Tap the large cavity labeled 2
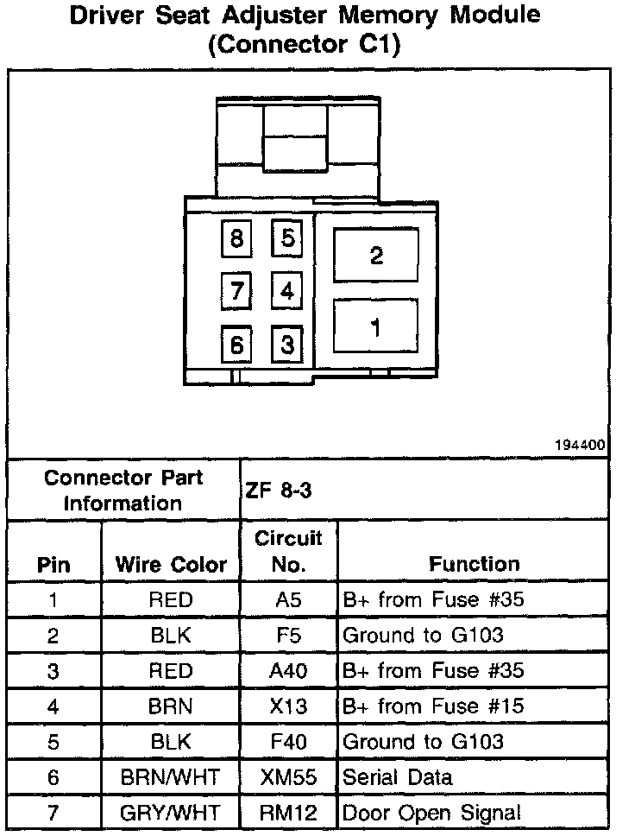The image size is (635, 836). coord(376,255)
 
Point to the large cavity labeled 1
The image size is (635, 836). coord(376,326)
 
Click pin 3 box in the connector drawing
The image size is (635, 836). coord(287,345)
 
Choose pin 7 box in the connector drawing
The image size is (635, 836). coord(237,290)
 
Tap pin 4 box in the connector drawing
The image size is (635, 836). coord(287,290)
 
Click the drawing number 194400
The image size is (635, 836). coord(582,446)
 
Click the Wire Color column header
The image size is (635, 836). coord(171,565)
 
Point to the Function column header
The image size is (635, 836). coord(474,564)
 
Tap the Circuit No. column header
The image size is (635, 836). coord(288,551)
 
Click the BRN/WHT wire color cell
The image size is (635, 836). coord(171,777)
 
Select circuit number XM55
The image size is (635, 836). coord(288,777)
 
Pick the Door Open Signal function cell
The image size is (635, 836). coord(431,813)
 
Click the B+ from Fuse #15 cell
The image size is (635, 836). coord(433,706)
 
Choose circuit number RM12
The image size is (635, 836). coord(288,813)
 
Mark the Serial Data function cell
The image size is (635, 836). coord(397,777)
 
